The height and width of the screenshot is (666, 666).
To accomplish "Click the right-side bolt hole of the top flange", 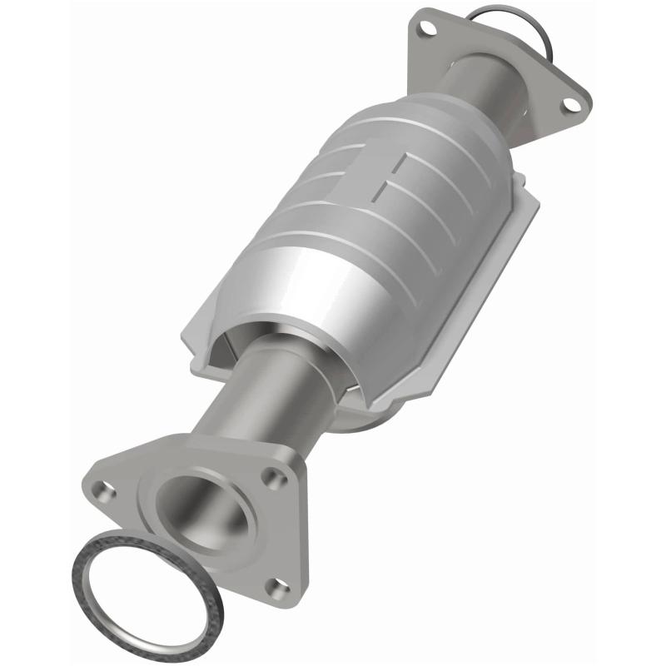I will tap(570, 104).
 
